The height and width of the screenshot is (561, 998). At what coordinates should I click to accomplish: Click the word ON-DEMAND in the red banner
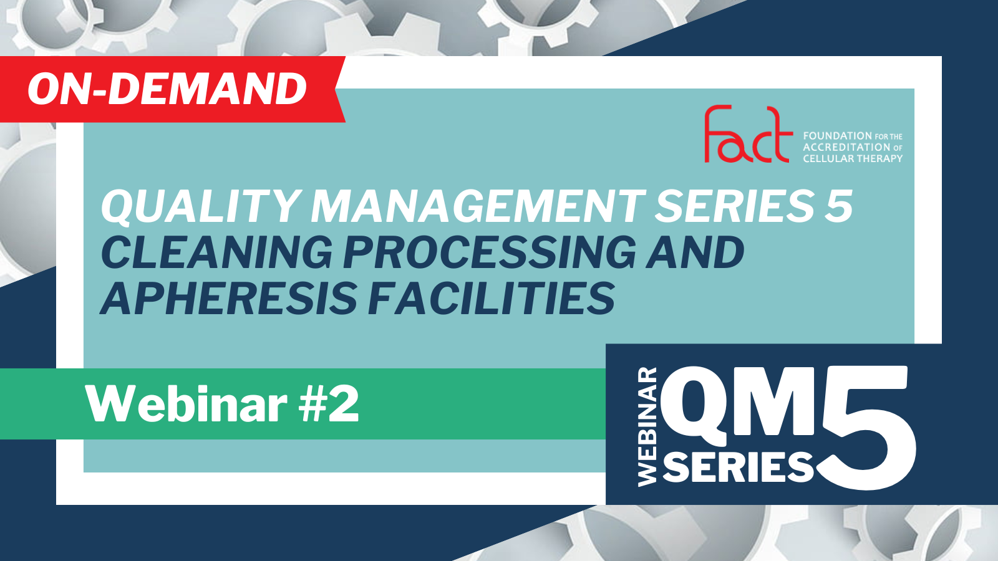168,89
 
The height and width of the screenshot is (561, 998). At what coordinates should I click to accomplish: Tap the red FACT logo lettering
748,133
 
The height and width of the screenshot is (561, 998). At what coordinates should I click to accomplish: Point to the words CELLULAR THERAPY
853,158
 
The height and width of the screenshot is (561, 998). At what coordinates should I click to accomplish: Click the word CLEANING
216,252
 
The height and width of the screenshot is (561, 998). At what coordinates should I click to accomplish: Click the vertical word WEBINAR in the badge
647,426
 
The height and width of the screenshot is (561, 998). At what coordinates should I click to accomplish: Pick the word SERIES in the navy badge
738,467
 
